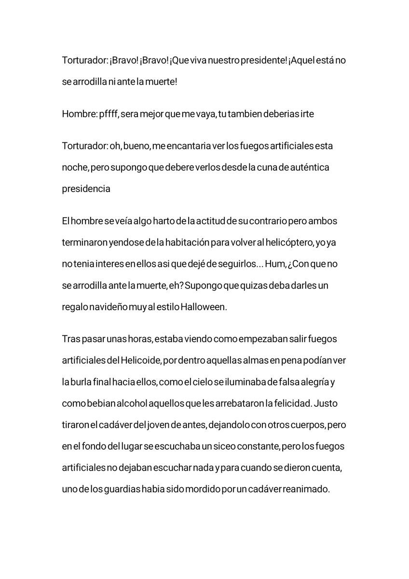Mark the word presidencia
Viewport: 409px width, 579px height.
[86, 189]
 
